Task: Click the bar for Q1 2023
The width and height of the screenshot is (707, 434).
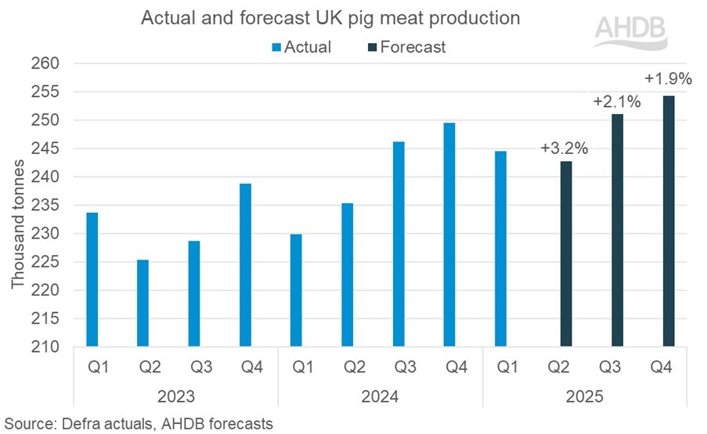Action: (x=92, y=279)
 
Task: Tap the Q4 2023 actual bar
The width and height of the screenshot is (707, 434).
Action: (x=245, y=265)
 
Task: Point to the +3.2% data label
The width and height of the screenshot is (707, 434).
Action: (x=565, y=148)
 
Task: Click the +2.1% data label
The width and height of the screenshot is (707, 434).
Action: (x=616, y=101)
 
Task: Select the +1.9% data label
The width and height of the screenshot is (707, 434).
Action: (x=667, y=80)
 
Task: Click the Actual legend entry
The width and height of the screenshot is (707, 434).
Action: (x=301, y=47)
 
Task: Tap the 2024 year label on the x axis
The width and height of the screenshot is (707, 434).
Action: (x=380, y=397)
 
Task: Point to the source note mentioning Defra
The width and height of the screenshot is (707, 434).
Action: (x=138, y=424)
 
